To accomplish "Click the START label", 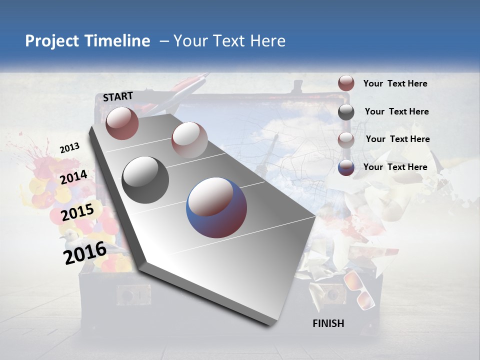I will [x=118, y=96].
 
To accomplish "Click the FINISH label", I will [x=328, y=323].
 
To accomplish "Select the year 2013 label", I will [x=69, y=147].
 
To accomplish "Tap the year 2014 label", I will [x=74, y=177].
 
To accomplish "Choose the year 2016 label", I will [x=85, y=253].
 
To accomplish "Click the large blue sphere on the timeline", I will [x=216, y=207].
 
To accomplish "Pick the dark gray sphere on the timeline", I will [x=145, y=179].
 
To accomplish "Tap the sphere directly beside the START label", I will [x=122, y=123].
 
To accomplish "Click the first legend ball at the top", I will [x=346, y=83].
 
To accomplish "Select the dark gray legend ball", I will [x=346, y=112].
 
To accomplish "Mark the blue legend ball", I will [x=346, y=167].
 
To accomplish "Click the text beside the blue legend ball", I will [x=395, y=167].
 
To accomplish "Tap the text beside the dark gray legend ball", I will [x=396, y=111].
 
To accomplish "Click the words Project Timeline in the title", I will [x=87, y=41].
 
